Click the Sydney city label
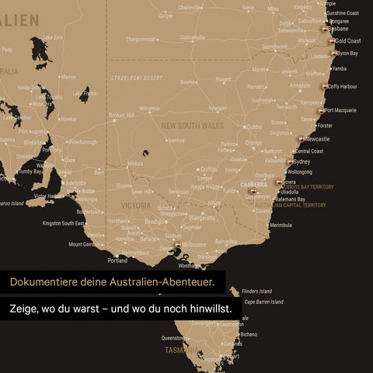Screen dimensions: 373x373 [302, 162]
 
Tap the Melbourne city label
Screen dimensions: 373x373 [193, 245]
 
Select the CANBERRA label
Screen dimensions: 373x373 [253, 185]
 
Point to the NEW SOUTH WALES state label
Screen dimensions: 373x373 [192, 125]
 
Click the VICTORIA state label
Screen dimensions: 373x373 [136, 206]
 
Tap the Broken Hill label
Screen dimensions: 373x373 [121, 116]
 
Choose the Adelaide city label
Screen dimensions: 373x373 [75, 183]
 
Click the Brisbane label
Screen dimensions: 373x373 [338, 29]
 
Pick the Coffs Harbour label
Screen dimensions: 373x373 [342, 86]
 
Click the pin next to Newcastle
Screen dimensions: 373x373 [302, 139]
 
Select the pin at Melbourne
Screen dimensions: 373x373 [178, 245]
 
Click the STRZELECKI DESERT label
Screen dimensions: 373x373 [136, 78]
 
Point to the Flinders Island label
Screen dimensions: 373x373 [256, 291]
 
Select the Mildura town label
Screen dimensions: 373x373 [135, 164]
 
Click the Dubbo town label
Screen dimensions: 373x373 [253, 127]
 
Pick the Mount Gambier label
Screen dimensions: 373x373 [85, 244]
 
